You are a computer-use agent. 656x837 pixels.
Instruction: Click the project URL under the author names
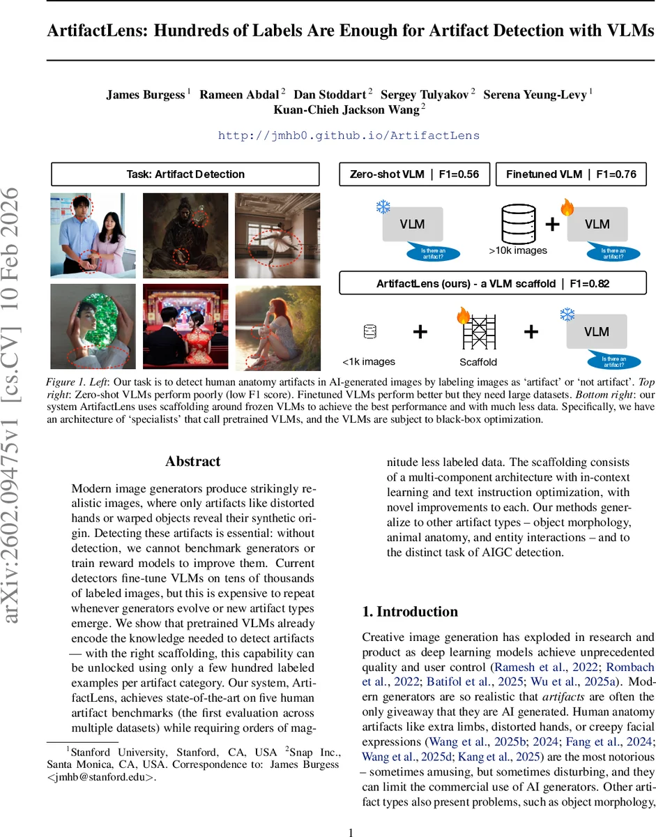pos(349,135)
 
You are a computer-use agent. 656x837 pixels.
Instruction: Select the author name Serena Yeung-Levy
pos(537,95)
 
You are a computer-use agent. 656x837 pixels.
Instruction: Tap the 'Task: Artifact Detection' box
pos(185,174)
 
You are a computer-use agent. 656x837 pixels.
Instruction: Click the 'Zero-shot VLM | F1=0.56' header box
pos(414,174)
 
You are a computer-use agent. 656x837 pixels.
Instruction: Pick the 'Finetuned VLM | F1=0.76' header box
pos(571,174)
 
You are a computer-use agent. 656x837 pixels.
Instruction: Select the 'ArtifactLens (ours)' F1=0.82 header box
pos(493,282)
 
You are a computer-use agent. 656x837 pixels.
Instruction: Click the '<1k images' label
pos(369,361)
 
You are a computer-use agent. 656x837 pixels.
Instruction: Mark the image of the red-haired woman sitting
pos(277,326)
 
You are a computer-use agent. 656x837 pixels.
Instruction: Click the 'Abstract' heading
pos(193,461)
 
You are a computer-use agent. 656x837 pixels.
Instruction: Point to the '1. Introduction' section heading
pos(410,612)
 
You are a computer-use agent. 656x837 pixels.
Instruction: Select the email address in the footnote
pos(112,777)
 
